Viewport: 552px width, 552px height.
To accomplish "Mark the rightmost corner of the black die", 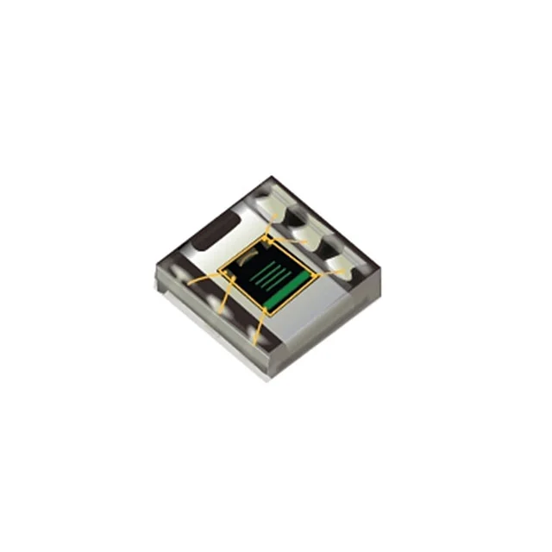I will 310,276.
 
